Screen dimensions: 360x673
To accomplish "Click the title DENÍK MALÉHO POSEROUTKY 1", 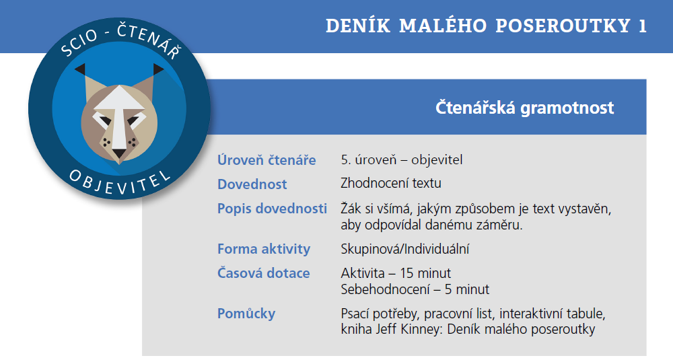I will click(486, 26).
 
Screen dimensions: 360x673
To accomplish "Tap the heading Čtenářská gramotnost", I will click(524, 108).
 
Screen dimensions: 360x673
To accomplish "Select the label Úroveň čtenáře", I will click(267, 160).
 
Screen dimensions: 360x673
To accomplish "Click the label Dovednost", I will click(252, 184).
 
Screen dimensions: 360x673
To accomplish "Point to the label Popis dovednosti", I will click(272, 209).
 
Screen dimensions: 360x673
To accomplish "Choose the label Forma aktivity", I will click(263, 249).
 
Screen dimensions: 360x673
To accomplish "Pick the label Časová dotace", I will click(263, 273).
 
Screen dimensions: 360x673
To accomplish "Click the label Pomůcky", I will click(246, 314).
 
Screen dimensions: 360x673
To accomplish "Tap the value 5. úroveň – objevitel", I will click(402, 160).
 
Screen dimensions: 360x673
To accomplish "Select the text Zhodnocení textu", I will click(391, 184).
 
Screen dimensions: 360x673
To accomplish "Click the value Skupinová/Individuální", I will click(404, 249).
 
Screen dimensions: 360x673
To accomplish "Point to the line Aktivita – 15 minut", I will click(396, 273).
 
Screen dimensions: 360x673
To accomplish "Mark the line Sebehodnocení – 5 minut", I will click(415, 289).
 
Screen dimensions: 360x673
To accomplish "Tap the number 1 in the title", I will click(641, 26).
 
